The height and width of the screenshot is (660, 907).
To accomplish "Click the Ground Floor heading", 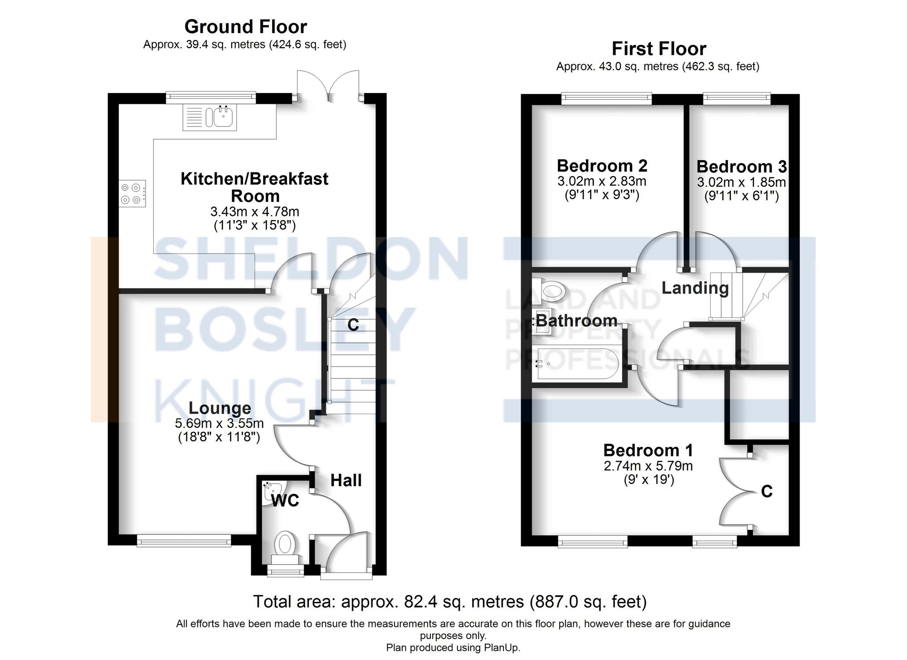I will click(245, 27).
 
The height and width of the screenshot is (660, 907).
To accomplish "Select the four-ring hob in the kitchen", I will click(132, 194).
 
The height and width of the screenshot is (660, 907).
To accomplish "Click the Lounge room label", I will click(219, 408).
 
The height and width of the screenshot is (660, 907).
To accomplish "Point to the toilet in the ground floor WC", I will click(285, 546).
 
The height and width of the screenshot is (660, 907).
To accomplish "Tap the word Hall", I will click(346, 480).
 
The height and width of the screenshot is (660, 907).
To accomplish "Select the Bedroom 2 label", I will click(602, 166).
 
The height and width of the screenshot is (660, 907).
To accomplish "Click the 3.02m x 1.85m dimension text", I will click(741, 182).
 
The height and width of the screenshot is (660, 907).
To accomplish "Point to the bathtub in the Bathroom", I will click(576, 363).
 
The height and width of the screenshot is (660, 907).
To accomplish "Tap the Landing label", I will click(695, 288).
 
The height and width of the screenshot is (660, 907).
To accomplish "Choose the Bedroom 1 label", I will click(648, 450).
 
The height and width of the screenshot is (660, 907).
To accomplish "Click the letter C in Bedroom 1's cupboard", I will click(766, 491).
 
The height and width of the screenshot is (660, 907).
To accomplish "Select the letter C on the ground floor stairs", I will click(353, 325).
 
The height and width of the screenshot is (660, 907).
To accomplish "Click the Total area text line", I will click(449, 601).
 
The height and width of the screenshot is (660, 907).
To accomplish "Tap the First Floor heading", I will click(658, 49).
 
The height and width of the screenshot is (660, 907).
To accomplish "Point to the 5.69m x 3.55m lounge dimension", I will click(219, 423).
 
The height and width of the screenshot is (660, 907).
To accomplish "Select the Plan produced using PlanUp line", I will click(453, 648).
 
